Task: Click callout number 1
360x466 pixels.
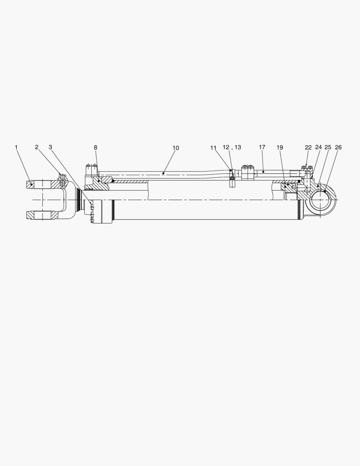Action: pos(16,148)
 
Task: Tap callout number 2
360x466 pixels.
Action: pos(37,148)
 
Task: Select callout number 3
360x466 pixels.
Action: pos(50,148)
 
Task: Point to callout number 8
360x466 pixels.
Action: pos(96,148)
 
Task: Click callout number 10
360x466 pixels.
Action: pos(175,148)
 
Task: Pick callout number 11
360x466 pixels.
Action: pos(213,148)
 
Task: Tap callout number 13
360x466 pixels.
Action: pos(237,148)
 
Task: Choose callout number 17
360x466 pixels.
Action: pos(262,148)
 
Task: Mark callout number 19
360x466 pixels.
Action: pos(280,148)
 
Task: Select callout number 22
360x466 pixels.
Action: pos(308,148)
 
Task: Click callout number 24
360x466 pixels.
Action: pos(319,148)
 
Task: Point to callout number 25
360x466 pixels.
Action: pos(328,148)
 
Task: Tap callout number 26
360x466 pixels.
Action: pos(338,148)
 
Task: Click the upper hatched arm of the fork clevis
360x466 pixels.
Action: pos(41,185)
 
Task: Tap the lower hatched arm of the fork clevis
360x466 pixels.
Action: pos(41,215)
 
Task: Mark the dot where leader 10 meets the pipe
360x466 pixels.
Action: pos(163,173)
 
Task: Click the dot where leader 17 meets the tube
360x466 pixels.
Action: pos(263,172)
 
